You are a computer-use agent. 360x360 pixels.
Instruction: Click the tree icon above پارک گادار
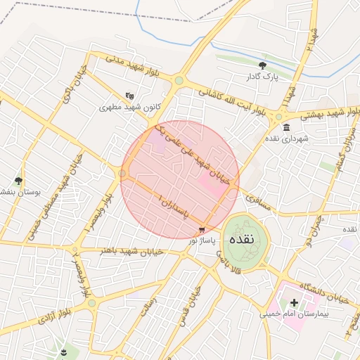point(262,65)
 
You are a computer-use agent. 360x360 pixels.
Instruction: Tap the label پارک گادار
point(262,77)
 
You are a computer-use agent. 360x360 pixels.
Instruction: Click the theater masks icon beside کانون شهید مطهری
point(129,96)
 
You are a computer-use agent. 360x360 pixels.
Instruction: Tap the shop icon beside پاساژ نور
point(202,230)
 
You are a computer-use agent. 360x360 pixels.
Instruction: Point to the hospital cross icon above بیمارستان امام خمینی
point(294,303)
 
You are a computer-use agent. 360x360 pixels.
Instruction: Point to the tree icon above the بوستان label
point(19,181)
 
